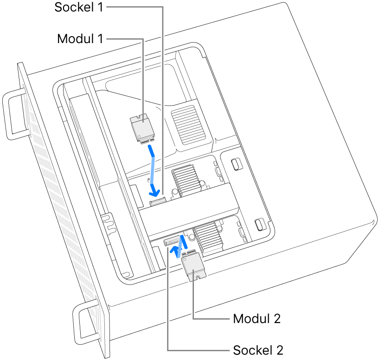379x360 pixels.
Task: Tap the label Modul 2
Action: (x=257, y=319)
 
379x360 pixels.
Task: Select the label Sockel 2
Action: (x=258, y=349)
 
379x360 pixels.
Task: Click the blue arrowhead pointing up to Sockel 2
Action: (x=175, y=251)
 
